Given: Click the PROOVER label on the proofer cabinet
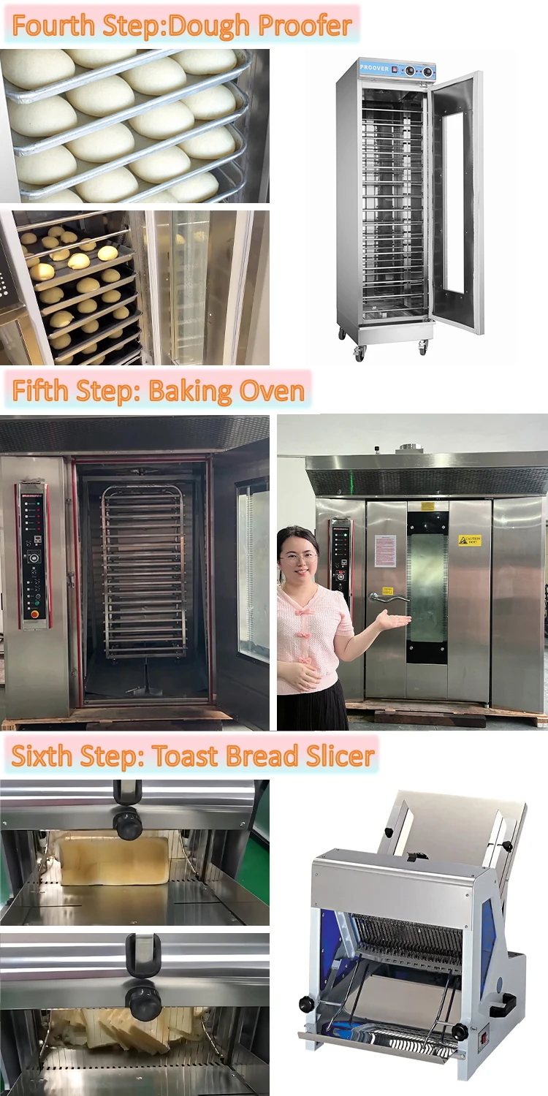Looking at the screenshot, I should coord(375,68).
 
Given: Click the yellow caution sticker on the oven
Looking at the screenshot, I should coord(469,540).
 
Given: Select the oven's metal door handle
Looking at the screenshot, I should coord(387,598).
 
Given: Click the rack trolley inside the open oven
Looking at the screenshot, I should coord(143,570).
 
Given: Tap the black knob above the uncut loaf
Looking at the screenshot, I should coord(127,824).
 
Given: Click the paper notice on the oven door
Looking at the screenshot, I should coord(386,550).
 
